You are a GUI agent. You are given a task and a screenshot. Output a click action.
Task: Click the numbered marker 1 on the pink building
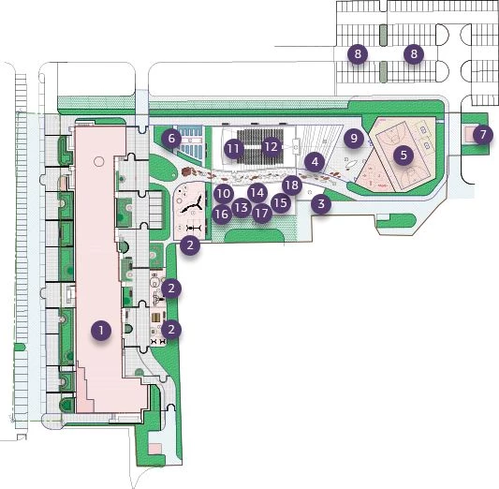point(101,331)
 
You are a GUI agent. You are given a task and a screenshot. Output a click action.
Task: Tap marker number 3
point(321,203)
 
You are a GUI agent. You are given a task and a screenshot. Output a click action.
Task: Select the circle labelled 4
point(315,162)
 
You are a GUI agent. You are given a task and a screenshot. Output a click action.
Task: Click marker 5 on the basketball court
point(404,156)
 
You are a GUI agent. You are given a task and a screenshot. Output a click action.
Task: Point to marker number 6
point(171,138)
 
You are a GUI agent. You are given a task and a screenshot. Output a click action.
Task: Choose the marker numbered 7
point(483,134)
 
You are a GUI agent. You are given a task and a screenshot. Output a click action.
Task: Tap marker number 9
point(354,138)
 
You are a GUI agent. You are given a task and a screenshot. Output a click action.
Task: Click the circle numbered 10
point(224,193)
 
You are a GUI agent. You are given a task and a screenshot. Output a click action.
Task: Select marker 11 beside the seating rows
point(233,148)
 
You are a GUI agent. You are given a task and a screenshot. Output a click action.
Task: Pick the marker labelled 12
point(272,146)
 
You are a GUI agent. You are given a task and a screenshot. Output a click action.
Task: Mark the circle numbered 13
point(242,208)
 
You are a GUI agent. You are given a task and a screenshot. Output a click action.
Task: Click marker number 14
point(257,193)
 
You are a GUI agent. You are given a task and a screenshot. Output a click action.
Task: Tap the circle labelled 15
point(281,202)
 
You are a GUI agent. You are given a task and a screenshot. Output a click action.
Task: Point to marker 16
point(222,214)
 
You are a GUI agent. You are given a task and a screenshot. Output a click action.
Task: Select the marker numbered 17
point(262,213)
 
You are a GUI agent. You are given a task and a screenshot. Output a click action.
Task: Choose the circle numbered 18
point(292,185)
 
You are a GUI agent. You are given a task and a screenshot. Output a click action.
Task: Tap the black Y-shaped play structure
point(193,207)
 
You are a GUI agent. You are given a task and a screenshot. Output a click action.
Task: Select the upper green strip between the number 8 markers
point(384,35)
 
